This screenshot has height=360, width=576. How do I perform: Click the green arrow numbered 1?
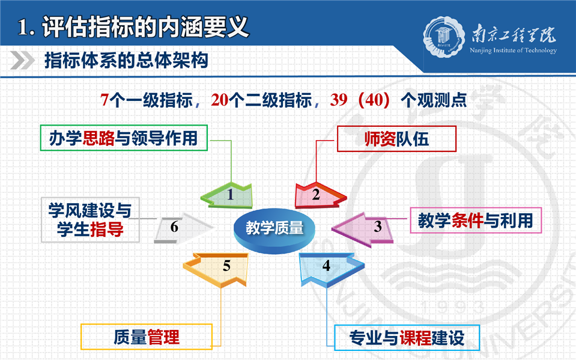[x=228, y=195]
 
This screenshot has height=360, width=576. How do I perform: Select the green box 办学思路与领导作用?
[x=124, y=138]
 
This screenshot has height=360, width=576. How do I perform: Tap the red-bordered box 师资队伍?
[x=397, y=139]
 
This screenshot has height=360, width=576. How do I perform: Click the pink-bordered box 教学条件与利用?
[x=476, y=221]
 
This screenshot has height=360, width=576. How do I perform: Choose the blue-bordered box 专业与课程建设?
[x=407, y=338]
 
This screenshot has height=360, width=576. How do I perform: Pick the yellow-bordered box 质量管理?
[x=147, y=337]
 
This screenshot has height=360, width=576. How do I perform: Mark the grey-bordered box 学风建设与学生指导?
[x=90, y=220]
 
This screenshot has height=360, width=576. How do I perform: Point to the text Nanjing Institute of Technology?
[x=513, y=50]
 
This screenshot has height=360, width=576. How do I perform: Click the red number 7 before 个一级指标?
[x=105, y=100]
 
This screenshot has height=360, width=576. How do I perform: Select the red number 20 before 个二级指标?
[x=220, y=100]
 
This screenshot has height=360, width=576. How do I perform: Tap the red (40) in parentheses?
[x=374, y=100]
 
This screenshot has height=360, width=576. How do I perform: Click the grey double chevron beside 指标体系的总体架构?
[x=22, y=60]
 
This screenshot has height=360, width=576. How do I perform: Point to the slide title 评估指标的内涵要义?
[x=146, y=27]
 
